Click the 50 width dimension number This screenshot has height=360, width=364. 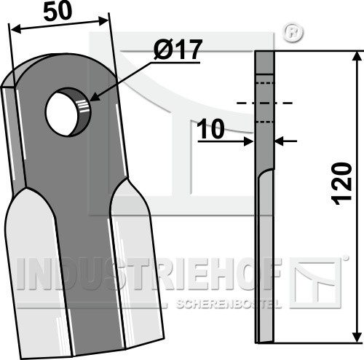click(58, 12)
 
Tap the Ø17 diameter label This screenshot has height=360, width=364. click(178, 50)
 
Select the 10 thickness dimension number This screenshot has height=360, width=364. click(210, 129)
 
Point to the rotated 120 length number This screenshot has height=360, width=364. click(342, 184)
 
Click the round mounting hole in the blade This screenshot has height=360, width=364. click(68, 112)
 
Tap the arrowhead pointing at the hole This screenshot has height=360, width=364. click(95, 98)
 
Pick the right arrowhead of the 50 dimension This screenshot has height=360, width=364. click(103, 20)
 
